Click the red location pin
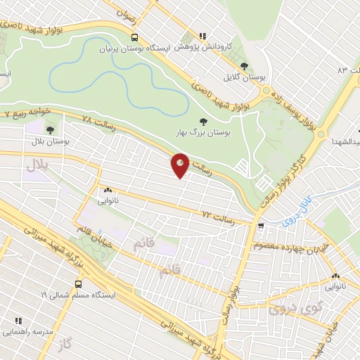(180, 165)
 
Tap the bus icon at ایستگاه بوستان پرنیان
(134, 38)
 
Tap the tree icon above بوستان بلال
(49, 129)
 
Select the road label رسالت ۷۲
(217, 213)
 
